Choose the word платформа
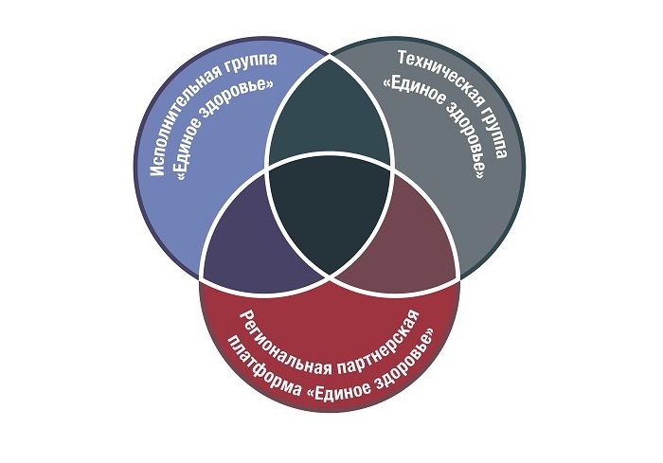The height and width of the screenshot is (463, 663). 262,359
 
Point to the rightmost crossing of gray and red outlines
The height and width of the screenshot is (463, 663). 460,276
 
